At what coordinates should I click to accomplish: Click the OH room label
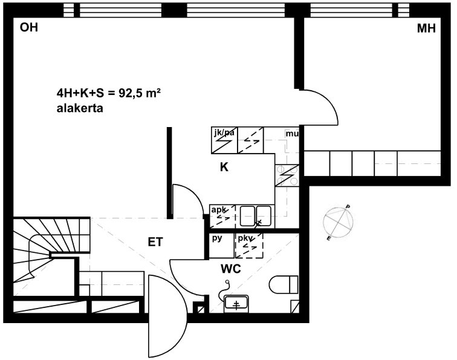tap(29, 27)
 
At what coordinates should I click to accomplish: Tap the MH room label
tap(426, 28)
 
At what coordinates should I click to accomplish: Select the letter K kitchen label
tap(224, 167)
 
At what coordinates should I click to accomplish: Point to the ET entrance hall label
tap(155, 242)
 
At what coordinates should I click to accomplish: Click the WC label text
tap(231, 269)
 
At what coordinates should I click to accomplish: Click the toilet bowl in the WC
tap(284, 284)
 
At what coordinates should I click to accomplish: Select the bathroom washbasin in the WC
tap(236, 303)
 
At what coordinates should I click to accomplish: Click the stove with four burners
tap(287, 175)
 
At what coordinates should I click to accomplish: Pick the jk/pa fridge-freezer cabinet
tap(224, 140)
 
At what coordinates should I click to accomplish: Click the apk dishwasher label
tap(219, 210)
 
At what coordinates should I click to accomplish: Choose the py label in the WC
tap(217, 238)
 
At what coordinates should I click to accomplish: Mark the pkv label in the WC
tap(245, 238)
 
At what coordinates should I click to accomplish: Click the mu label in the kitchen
tap(292, 134)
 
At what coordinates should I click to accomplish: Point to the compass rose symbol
tap(339, 223)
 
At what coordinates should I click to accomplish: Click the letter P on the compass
tap(348, 207)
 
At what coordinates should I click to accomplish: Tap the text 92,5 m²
tap(139, 93)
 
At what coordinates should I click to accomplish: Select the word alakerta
tap(80, 108)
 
